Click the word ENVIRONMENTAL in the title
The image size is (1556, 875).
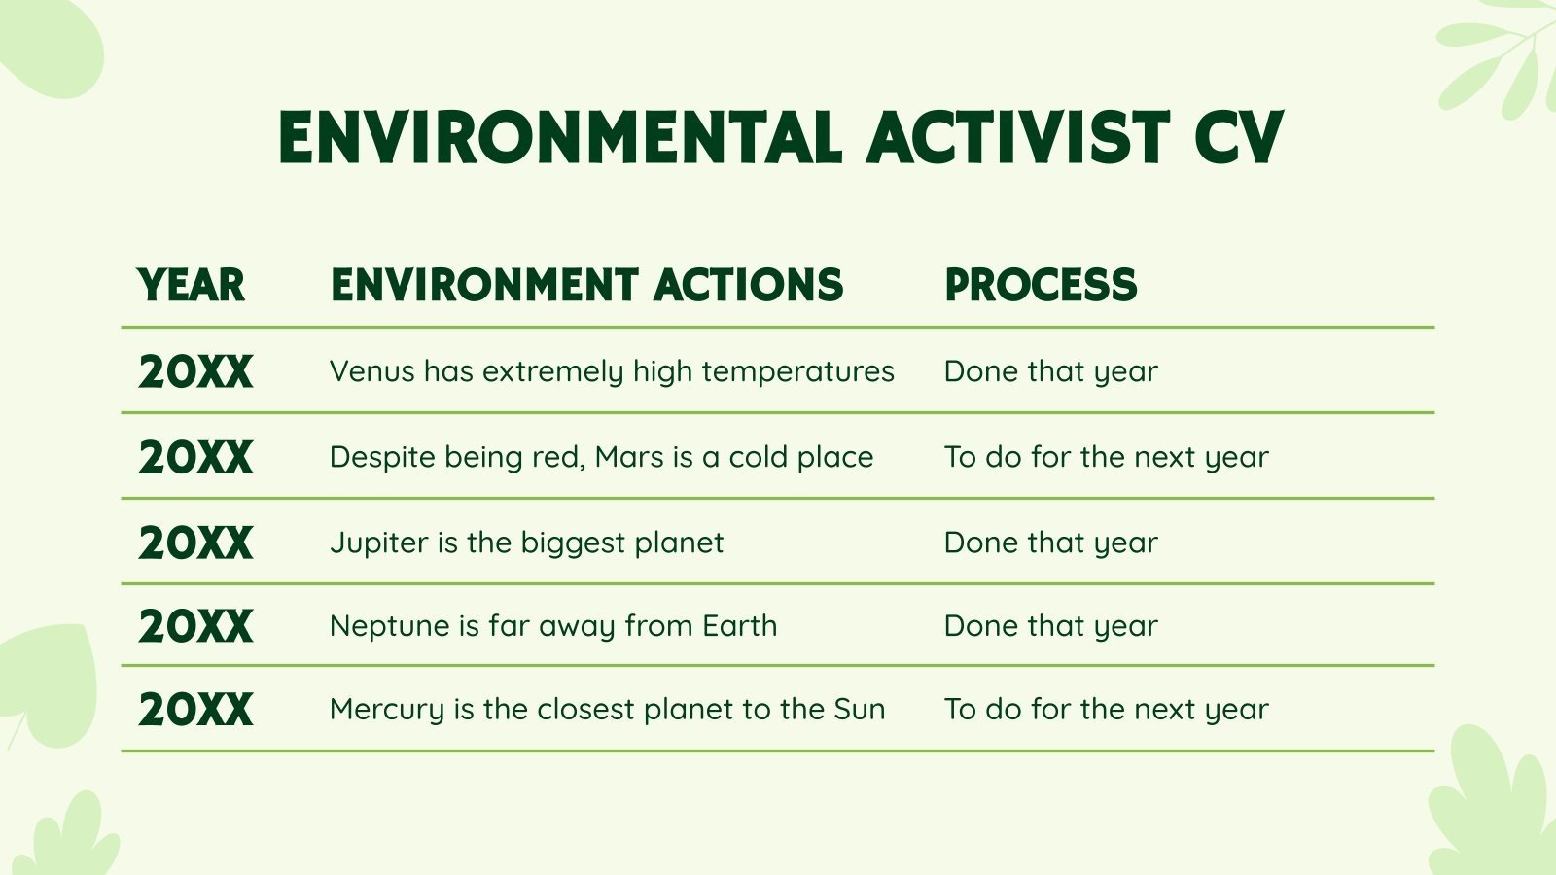click(x=560, y=138)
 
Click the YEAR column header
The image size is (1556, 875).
click(x=192, y=285)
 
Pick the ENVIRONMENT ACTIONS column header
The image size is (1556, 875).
click(x=586, y=285)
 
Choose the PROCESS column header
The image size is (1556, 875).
click(x=1041, y=285)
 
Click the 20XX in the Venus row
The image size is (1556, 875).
click(x=195, y=371)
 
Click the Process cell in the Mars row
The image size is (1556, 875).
click(x=1106, y=457)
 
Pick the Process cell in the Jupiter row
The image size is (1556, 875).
click(x=1050, y=542)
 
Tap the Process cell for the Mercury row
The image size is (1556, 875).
click(x=1106, y=710)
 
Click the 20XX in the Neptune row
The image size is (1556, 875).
click(x=195, y=626)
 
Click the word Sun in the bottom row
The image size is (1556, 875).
click(x=860, y=710)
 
